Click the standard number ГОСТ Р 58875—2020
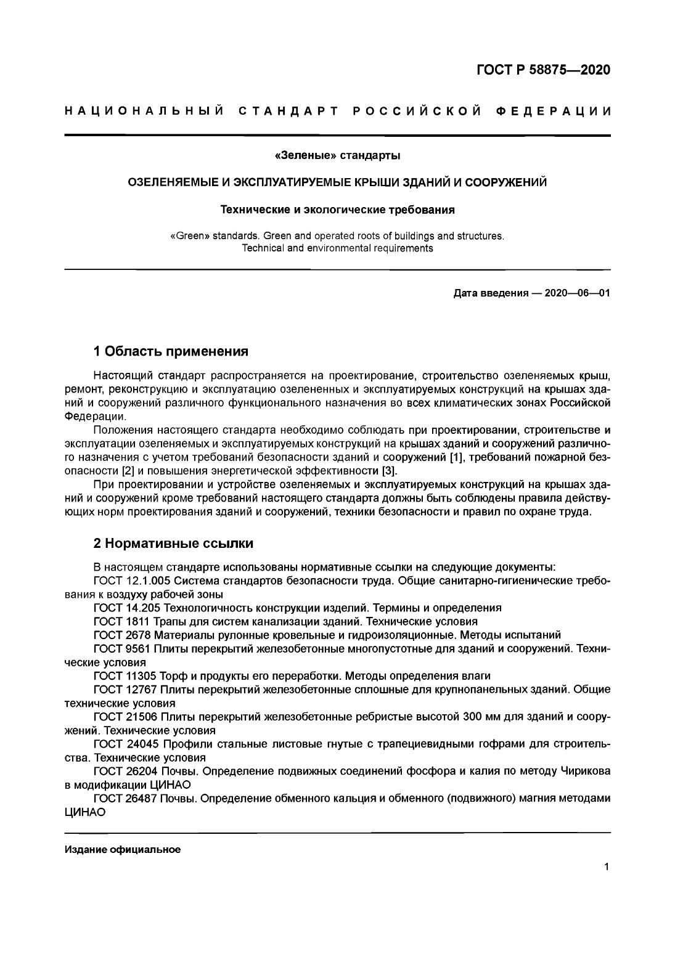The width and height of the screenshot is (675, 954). tap(543, 70)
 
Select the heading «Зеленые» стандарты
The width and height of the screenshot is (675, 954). tap(337, 156)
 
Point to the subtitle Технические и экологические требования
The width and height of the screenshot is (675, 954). tap(337, 210)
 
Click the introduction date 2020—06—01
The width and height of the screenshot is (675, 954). tap(577, 293)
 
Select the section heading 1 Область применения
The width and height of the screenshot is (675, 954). tap(171, 352)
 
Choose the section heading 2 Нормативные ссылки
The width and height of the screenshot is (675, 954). tap(173, 544)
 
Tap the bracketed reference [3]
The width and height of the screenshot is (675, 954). tap(390, 471)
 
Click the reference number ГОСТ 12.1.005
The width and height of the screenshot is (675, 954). tap(129, 581)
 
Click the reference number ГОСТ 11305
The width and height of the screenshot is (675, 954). tap(123, 675)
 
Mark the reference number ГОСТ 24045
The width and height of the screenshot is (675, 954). tap(123, 744)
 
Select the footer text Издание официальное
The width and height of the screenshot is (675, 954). tap(123, 850)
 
